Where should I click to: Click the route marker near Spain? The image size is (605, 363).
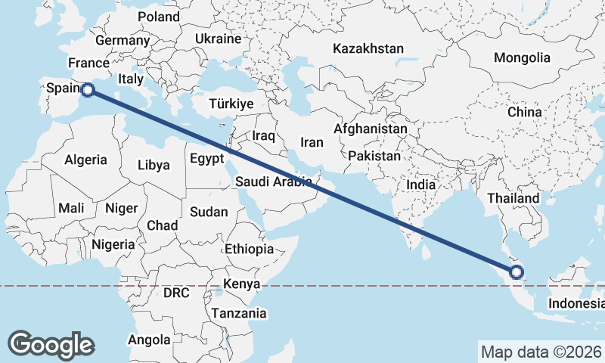(88, 90)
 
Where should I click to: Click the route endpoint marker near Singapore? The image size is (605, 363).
(517, 272)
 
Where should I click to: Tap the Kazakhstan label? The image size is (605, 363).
(368, 48)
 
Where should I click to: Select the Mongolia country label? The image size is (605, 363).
(522, 57)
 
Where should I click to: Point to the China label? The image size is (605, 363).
(525, 112)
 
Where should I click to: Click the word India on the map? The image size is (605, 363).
(420, 184)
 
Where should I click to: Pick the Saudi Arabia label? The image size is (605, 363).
(273, 181)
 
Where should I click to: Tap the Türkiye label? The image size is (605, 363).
(231, 104)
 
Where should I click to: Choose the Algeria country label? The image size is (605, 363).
(85, 160)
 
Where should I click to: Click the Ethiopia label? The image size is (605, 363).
(249, 249)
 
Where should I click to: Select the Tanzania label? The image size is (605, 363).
(239, 313)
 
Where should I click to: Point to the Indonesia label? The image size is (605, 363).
(576, 304)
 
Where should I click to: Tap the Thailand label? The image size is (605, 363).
(513, 198)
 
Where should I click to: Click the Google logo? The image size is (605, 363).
(51, 344)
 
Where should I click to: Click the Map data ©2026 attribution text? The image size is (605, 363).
(541, 352)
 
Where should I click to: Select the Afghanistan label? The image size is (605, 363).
(370, 129)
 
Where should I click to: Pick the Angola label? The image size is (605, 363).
(150, 340)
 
